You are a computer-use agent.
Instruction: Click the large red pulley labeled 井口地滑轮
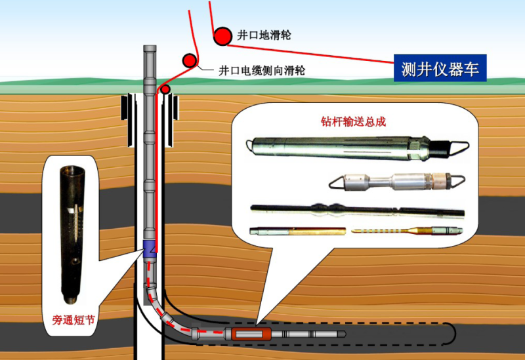222,35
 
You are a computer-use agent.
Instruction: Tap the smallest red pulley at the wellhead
165,88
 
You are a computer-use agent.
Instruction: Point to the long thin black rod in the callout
358,211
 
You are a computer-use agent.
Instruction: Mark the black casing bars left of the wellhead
127,108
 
